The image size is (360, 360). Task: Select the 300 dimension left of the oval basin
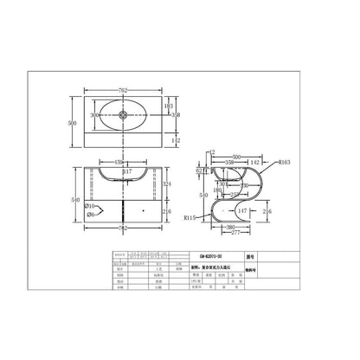coord(93,114)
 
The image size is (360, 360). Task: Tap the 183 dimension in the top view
coord(168,104)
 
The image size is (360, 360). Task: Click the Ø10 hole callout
coord(90,206)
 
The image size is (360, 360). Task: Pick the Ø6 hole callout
coord(90,215)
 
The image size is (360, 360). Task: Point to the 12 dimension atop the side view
coord(212,151)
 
